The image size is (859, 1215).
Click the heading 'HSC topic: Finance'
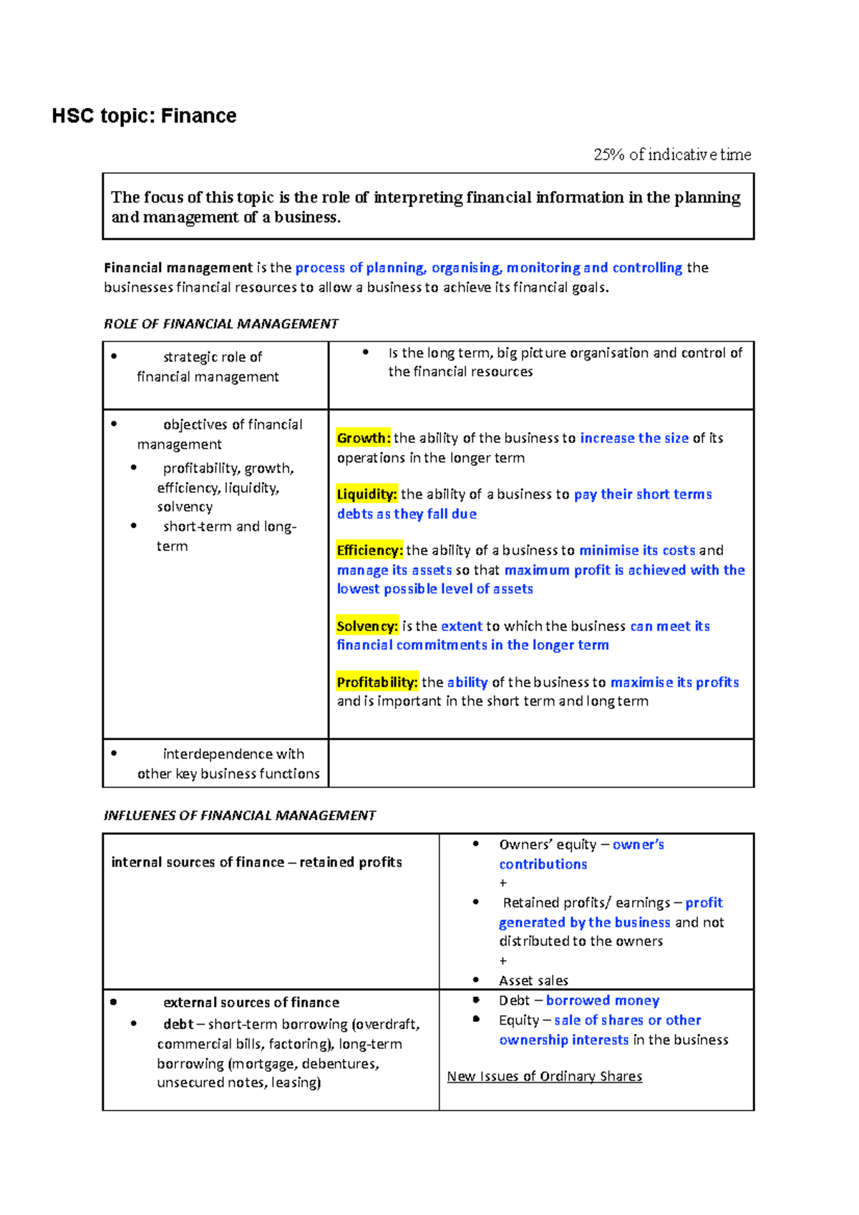coord(144,116)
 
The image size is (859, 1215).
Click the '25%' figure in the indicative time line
coord(609,155)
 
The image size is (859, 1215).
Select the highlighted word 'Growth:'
coord(364,438)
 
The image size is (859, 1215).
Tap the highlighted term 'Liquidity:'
coord(367,494)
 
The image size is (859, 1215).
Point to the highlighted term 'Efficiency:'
coord(369,550)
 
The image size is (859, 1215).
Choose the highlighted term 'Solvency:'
coord(367,626)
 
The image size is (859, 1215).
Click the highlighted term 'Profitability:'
coord(377,682)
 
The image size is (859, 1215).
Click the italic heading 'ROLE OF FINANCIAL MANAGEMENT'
coord(220,324)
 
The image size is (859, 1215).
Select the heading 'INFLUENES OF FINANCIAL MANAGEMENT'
coord(239,816)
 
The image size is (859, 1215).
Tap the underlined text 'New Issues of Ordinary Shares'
coord(544,1076)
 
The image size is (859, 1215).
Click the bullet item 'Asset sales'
coord(533,980)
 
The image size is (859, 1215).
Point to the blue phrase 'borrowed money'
coord(602,1000)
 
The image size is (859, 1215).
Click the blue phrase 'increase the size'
coord(634,438)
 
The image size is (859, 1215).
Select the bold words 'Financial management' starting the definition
coord(178,268)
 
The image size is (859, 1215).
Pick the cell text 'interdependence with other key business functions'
coord(228,763)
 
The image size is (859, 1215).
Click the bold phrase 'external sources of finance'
coord(251,1002)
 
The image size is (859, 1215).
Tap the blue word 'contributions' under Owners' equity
coord(543,864)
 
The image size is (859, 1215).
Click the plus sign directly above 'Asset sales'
coord(503,961)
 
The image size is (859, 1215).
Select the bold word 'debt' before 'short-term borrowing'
coord(178,1024)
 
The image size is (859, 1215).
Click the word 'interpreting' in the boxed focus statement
coord(418,197)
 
